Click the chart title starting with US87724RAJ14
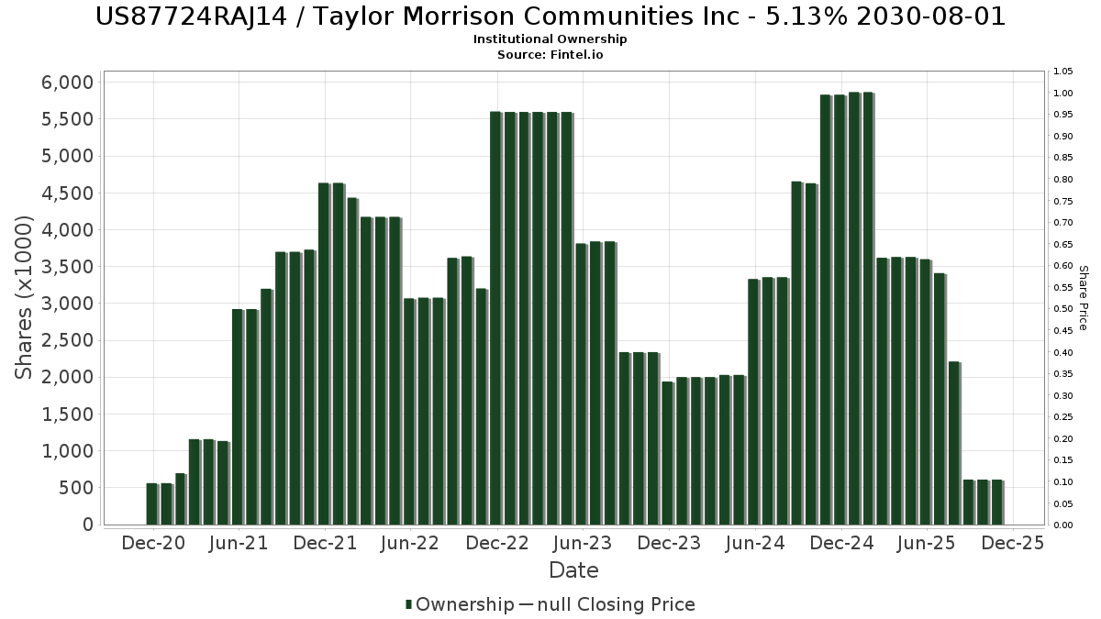tap(550, 17)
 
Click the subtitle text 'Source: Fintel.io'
tap(550, 55)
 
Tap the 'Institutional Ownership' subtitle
tap(550, 39)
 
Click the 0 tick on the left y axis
tap(88, 525)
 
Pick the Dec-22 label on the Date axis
tap(497, 543)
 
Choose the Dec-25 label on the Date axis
tap(1012, 543)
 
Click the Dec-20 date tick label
tap(153, 543)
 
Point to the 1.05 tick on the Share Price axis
tap(1064, 72)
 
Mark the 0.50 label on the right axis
tap(1064, 309)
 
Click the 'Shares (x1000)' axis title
tap(25, 298)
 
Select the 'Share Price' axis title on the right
tap(1083, 298)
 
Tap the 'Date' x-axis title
tap(573, 570)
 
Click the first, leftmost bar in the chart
tap(151, 503)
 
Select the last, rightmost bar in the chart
tap(996, 502)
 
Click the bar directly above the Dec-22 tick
tap(495, 317)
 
